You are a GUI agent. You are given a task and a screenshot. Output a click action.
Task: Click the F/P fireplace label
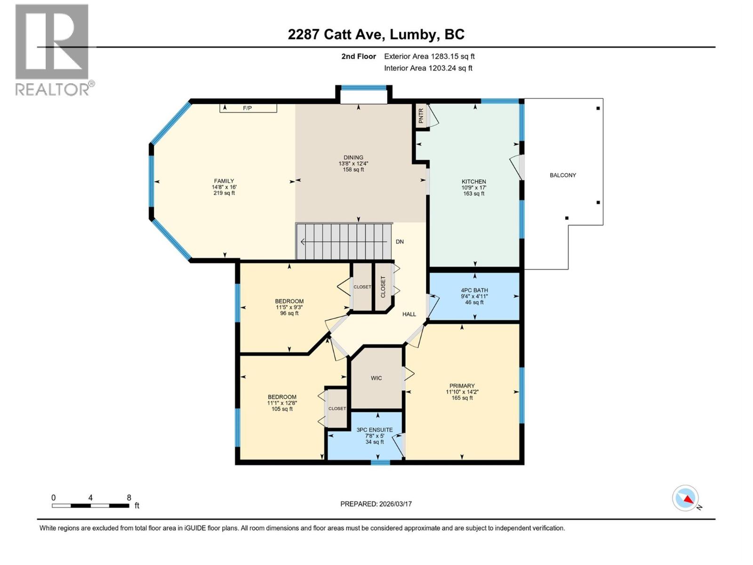coord(247,108)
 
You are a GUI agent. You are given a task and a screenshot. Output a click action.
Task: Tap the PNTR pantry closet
coord(421,115)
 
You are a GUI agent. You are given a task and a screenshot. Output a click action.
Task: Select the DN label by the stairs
coord(400,242)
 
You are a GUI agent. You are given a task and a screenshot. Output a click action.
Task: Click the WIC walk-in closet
coord(376,378)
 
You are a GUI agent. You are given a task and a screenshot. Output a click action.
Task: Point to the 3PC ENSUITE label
coord(375,430)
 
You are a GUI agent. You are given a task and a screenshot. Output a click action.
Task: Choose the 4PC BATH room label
coord(474,291)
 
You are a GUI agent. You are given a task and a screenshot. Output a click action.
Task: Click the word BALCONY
coord(563,175)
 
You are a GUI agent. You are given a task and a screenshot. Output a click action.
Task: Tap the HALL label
coord(409,314)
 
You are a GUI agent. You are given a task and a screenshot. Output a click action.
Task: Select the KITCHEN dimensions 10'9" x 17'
coord(474,187)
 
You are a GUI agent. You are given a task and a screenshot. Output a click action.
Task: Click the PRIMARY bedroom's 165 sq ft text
coord(462,398)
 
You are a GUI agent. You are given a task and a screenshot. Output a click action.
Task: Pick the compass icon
coord(686,498)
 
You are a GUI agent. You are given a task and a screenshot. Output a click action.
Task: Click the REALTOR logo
coord(52,49)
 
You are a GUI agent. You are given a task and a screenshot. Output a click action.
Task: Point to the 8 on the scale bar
coord(129,498)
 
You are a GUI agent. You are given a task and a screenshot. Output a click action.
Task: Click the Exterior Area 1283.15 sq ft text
coord(429,56)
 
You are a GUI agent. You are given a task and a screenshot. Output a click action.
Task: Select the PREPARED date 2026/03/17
coord(376,504)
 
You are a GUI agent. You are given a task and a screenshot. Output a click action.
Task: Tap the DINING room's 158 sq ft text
coord(353,169)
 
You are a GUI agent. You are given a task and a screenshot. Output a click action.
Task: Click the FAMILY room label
coord(224,181)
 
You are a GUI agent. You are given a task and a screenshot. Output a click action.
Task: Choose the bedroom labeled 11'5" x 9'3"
coord(289,307)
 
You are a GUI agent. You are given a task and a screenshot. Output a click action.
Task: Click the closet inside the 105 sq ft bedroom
coord(337,408)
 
